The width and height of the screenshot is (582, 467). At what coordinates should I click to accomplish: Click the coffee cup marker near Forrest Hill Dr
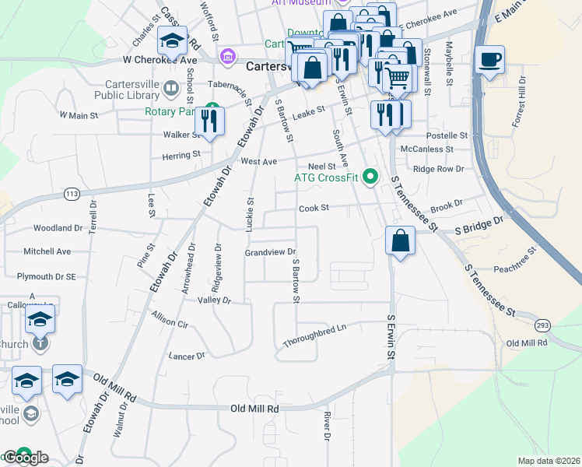point(489,61)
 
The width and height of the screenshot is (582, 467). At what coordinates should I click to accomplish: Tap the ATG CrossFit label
point(326,178)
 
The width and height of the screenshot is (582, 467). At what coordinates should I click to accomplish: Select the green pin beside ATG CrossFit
point(370,177)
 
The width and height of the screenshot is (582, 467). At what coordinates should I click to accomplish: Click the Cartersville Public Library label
point(128,90)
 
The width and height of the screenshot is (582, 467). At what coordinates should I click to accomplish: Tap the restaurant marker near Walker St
point(209,121)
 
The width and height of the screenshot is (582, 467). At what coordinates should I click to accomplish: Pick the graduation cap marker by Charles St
point(173,40)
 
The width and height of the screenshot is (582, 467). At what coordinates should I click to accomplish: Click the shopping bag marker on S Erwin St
point(399,241)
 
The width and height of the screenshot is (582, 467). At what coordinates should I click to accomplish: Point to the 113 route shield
point(72,193)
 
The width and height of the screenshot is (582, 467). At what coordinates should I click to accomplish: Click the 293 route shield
point(542,324)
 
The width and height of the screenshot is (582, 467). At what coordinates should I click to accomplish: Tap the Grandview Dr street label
point(271,252)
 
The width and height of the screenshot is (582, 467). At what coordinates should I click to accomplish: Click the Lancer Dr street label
point(187,356)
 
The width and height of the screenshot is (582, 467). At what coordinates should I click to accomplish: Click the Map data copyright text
point(549,460)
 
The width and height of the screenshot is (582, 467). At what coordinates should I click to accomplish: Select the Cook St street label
point(315,208)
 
